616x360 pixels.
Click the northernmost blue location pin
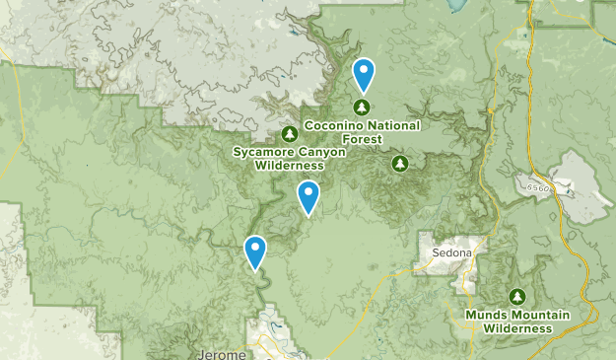(x=364, y=74)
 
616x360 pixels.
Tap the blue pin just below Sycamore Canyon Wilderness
(x=308, y=196)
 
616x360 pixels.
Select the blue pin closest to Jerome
(x=255, y=251)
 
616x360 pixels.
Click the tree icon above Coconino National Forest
(x=363, y=107)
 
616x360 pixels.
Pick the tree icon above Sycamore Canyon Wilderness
(x=289, y=134)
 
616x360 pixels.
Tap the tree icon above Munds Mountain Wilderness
(x=517, y=296)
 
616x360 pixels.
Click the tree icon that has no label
(x=399, y=163)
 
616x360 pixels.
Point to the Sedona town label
(x=451, y=252)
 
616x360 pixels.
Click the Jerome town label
(x=219, y=353)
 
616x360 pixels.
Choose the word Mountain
(x=539, y=315)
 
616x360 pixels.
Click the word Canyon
(x=321, y=152)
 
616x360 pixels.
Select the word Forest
(x=363, y=139)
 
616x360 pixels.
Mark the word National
(x=395, y=125)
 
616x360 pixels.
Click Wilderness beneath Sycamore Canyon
(x=290, y=166)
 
